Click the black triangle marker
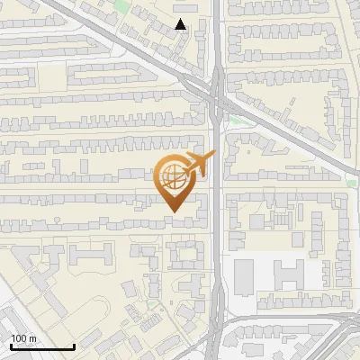point(182,24)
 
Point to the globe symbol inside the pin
point(173,176)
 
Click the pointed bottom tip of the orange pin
point(175,211)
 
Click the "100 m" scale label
point(23,337)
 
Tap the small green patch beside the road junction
point(236,120)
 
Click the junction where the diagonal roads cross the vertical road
point(216,93)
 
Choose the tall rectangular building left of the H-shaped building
point(245,275)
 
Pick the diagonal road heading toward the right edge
point(297,135)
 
